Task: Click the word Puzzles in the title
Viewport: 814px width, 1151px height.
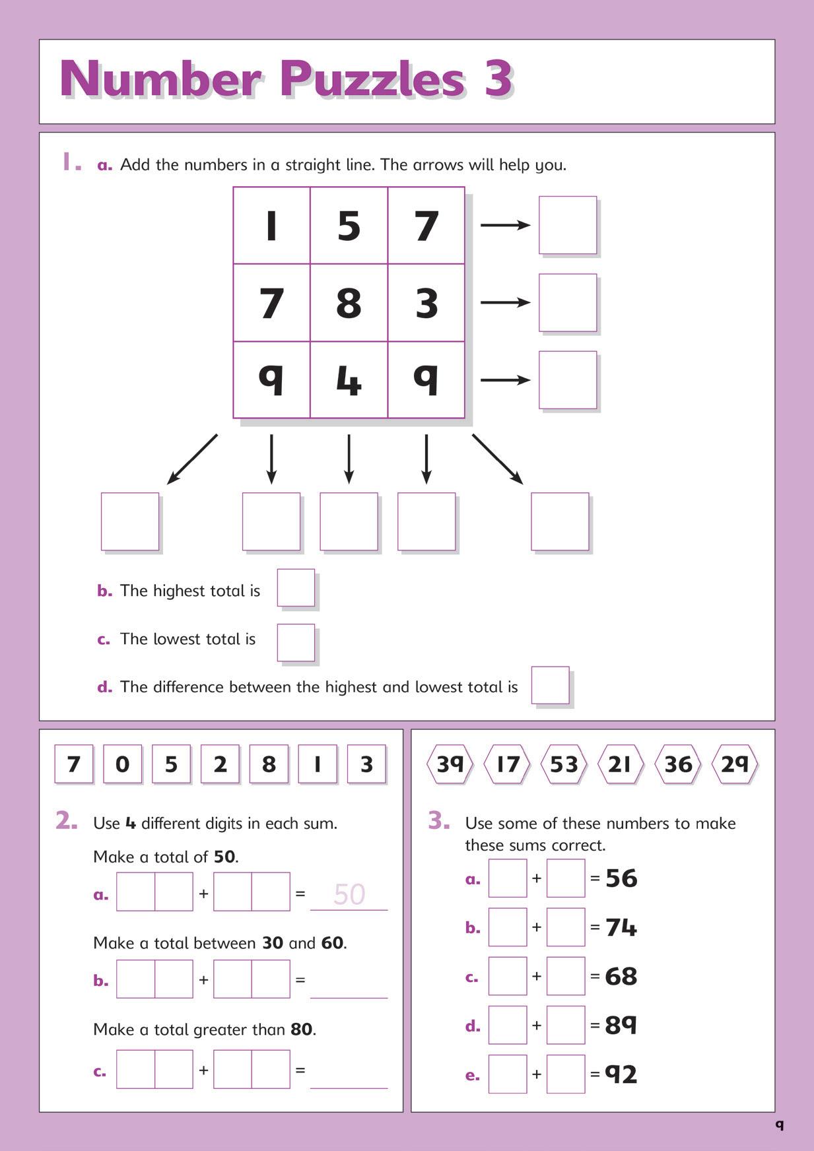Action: pyautogui.click(x=372, y=80)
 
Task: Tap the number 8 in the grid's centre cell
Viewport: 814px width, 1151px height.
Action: pyautogui.click(x=349, y=303)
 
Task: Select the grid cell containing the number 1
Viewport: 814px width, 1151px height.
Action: pyautogui.click(x=271, y=226)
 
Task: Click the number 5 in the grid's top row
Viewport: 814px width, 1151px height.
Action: pyautogui.click(x=349, y=226)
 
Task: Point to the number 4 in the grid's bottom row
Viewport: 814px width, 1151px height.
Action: pyautogui.click(x=349, y=380)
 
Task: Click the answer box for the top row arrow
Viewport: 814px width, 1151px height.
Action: pyautogui.click(x=568, y=225)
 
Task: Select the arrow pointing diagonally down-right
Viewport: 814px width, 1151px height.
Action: pyautogui.click(x=498, y=459)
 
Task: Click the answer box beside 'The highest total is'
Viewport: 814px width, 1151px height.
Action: pyautogui.click(x=296, y=587)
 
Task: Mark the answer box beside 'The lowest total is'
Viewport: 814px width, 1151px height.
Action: pyautogui.click(x=296, y=642)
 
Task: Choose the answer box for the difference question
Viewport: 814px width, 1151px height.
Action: pyautogui.click(x=550, y=685)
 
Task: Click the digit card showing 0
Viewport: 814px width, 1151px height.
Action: pyautogui.click(x=122, y=764)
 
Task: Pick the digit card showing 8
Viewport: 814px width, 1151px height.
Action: pyautogui.click(x=269, y=764)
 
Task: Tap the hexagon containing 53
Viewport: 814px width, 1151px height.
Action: pyautogui.click(x=564, y=764)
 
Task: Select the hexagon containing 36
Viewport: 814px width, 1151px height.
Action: pyautogui.click(x=678, y=764)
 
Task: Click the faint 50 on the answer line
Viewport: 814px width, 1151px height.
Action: pyautogui.click(x=349, y=894)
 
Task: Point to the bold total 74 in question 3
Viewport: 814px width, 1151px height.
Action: pyautogui.click(x=621, y=927)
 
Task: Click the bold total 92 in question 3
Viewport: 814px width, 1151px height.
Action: pyautogui.click(x=621, y=1074)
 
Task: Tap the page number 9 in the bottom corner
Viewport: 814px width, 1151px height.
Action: pyautogui.click(x=780, y=1125)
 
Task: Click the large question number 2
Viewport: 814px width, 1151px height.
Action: pyautogui.click(x=67, y=821)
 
